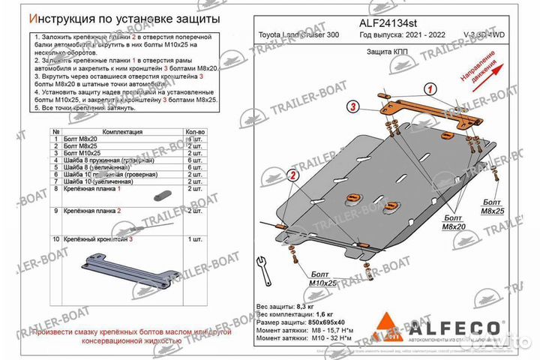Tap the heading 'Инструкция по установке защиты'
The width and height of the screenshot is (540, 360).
(118, 16)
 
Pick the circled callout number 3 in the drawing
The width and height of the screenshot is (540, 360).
(351, 109)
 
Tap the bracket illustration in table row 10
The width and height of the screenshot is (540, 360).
(131, 271)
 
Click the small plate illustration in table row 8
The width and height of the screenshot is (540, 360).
(160, 196)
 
